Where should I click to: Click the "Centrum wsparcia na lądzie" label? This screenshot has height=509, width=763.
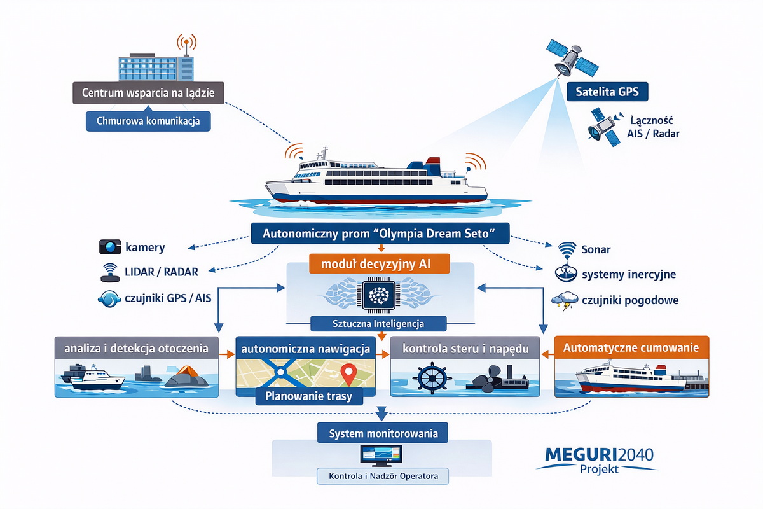point(148,93)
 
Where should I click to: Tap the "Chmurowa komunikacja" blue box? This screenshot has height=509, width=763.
point(148,121)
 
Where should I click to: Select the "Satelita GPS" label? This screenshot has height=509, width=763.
point(607,92)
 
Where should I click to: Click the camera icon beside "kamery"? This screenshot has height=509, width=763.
point(110,248)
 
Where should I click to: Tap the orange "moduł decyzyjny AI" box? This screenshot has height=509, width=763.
point(380,263)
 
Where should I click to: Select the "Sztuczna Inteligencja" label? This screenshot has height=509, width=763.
point(380,324)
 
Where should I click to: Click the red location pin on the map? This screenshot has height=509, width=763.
point(347,373)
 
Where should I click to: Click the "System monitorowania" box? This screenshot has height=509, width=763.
point(383,435)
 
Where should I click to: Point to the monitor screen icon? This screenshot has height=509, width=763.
point(382,456)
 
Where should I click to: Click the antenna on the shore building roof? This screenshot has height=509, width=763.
point(185,44)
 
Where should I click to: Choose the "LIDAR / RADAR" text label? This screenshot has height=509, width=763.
point(162,272)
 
